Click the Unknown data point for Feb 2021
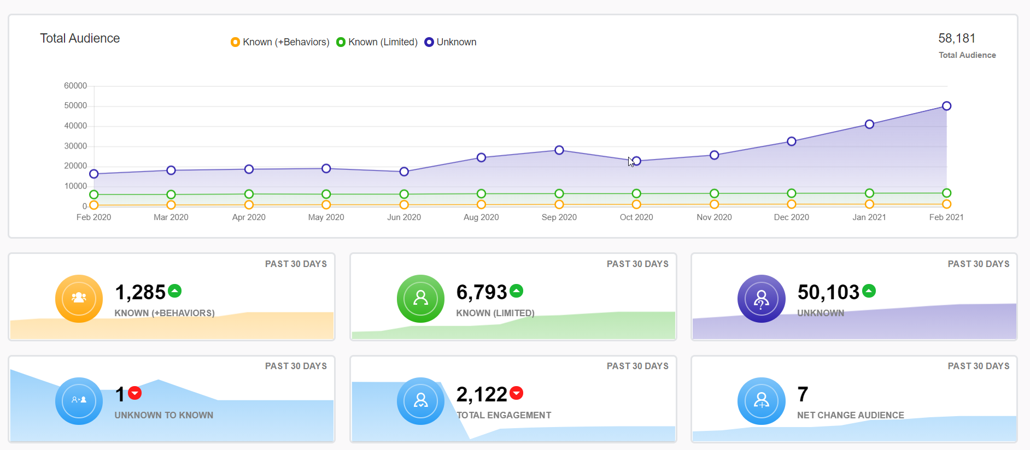(x=946, y=106)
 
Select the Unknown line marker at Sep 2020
(x=559, y=150)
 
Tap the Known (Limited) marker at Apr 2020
(x=249, y=194)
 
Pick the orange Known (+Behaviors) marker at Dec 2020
(x=791, y=204)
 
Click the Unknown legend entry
(x=450, y=42)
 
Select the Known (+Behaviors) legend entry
(x=280, y=42)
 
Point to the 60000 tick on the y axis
(x=75, y=86)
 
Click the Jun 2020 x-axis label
(x=404, y=217)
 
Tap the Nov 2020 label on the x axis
(x=714, y=217)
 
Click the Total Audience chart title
(x=80, y=38)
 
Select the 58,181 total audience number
(x=957, y=38)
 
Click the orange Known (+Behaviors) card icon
(x=79, y=298)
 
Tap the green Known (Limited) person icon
(x=420, y=298)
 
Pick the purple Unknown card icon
(x=761, y=298)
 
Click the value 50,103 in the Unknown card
(x=828, y=292)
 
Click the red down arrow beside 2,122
(x=516, y=393)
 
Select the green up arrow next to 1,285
(x=174, y=291)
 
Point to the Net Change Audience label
(x=850, y=415)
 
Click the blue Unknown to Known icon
(x=79, y=400)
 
